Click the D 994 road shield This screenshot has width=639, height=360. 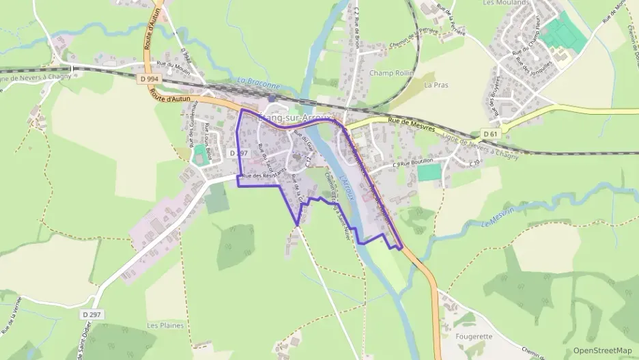coord(146,79)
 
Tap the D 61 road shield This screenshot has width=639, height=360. coord(489,133)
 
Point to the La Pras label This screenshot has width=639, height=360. coord(434,85)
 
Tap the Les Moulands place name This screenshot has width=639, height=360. coord(506,3)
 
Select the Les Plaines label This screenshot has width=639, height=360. coord(166,325)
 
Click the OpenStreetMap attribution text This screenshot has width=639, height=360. coord(602,350)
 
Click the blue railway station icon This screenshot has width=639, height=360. coord(272,98)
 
